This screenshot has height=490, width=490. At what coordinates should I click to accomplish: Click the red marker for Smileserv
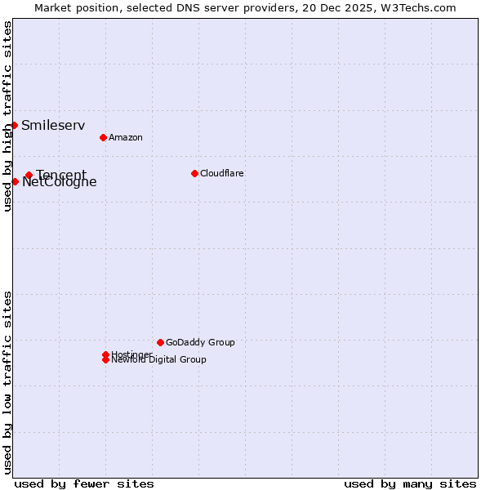click(15, 125)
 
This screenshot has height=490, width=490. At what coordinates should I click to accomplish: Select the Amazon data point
click(103, 137)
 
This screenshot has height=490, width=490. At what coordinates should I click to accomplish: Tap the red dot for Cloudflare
click(194, 173)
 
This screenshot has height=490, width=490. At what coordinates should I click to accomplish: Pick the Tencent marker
click(29, 175)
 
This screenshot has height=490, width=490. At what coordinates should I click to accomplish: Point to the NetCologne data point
click(15, 181)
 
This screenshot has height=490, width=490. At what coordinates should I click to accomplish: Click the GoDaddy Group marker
click(160, 342)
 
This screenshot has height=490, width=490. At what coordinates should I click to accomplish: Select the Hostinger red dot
click(105, 354)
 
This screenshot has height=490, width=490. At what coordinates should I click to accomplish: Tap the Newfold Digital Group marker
click(105, 360)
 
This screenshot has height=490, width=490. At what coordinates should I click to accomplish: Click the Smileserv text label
click(53, 125)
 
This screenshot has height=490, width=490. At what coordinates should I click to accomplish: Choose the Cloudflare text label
click(221, 173)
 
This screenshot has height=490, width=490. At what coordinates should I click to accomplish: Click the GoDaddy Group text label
click(200, 342)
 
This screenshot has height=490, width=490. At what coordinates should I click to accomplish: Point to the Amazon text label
click(126, 137)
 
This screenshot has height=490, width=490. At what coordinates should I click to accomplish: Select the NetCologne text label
click(60, 183)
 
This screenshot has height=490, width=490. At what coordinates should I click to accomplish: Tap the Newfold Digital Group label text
click(159, 360)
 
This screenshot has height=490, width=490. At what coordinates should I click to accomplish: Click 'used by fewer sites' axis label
click(84, 483)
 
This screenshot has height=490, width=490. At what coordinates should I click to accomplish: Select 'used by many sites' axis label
click(410, 483)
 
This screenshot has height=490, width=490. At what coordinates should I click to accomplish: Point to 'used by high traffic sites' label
click(8, 116)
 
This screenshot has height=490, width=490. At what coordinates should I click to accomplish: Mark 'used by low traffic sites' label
click(8, 381)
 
